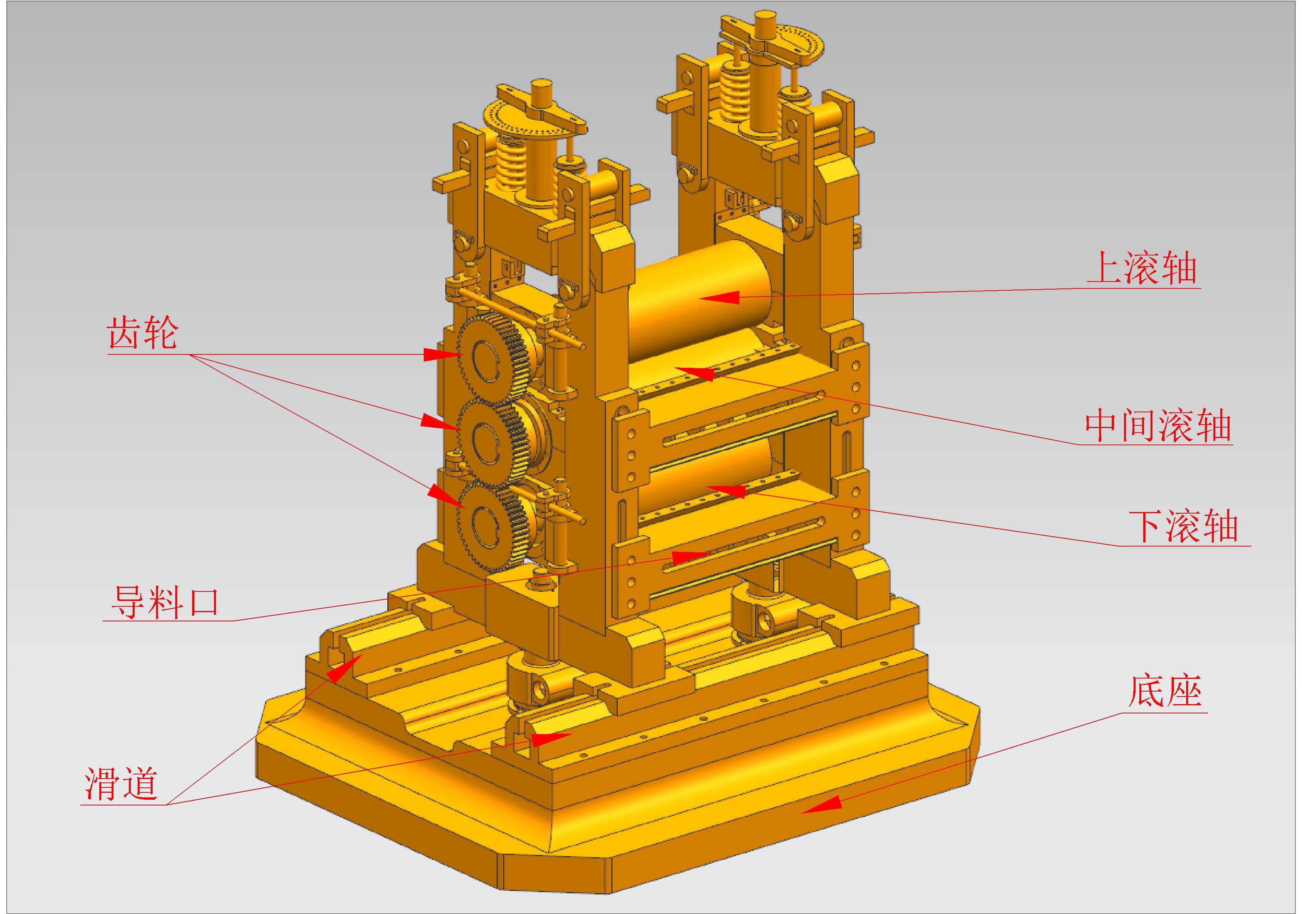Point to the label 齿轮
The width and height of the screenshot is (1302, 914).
click(143, 333)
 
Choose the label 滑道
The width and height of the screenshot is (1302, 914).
click(121, 784)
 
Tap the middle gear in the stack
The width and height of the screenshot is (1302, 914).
click(493, 441)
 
